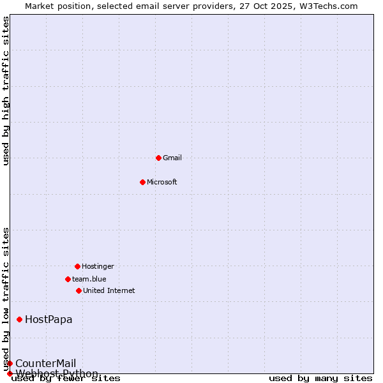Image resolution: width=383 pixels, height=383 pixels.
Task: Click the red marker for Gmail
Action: (x=158, y=158)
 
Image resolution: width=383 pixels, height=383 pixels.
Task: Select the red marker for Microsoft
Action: (x=142, y=182)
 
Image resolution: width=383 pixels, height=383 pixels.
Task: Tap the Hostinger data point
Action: (x=77, y=266)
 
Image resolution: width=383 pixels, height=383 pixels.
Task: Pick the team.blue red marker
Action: (x=68, y=279)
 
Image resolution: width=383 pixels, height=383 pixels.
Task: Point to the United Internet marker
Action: (x=79, y=290)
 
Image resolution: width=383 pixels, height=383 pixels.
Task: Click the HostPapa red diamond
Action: (x=20, y=319)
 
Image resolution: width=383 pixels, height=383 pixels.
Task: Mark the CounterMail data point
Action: (x=10, y=363)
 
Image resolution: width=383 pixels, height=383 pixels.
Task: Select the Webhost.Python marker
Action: (x=10, y=373)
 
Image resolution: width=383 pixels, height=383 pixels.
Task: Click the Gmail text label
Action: (x=172, y=158)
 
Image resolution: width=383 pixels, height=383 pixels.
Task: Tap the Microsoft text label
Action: (x=162, y=182)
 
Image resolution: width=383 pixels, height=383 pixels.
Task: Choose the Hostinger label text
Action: (x=98, y=266)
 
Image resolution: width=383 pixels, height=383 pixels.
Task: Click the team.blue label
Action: (x=89, y=279)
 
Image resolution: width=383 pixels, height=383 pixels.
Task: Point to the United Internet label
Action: (x=109, y=290)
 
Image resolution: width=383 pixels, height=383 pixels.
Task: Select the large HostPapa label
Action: (x=49, y=319)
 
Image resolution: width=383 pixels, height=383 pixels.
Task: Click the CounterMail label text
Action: (x=45, y=363)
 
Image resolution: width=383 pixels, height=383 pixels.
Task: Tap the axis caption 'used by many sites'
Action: (x=320, y=379)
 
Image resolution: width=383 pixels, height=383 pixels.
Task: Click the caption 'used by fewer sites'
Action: (x=66, y=379)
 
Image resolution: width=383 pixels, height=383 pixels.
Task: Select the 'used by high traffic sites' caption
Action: (x=6, y=91)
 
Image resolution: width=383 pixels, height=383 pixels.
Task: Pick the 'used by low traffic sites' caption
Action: (x=6, y=299)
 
